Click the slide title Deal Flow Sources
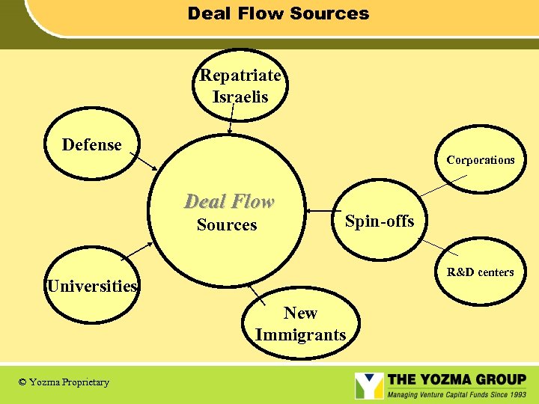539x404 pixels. pos(278,13)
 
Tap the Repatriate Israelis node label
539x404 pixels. pos(240,86)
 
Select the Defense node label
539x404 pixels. pos(91,144)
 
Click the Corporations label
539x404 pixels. pos(481,160)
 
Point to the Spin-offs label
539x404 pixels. pos(379,221)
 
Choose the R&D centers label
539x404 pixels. pos(481,272)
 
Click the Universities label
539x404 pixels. pos(92,286)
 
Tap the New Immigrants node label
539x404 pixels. pos(300,323)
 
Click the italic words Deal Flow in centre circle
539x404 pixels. pos(229,201)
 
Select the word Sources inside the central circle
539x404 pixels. pos(227,225)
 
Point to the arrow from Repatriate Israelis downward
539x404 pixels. pos(231,120)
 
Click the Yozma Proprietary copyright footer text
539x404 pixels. pos(64,382)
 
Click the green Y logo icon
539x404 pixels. pos(368,385)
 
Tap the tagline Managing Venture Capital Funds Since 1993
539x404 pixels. pos(457,394)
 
